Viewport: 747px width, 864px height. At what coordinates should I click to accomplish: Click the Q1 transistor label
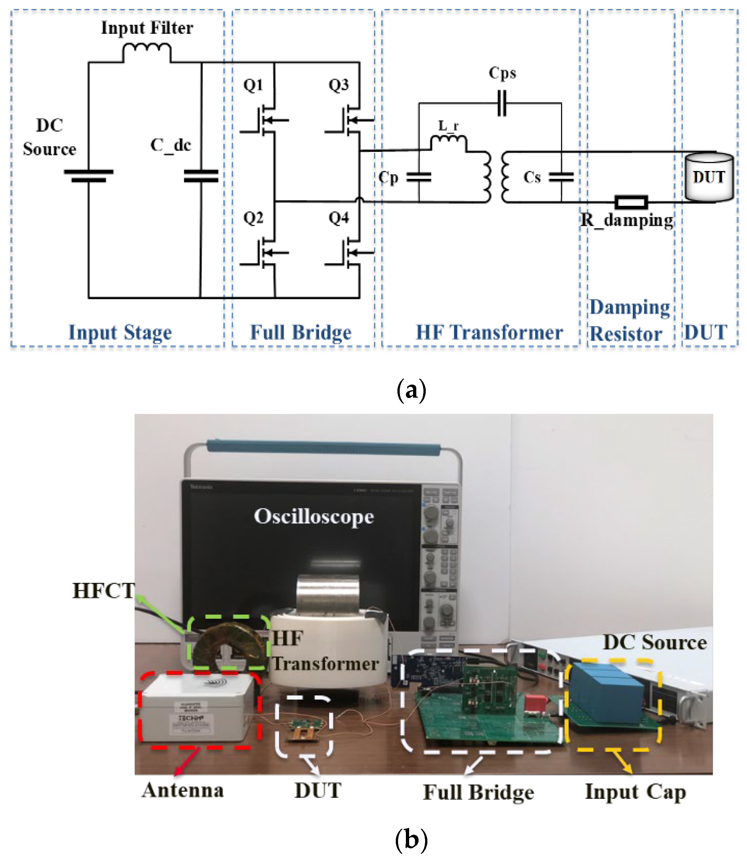[x=253, y=85]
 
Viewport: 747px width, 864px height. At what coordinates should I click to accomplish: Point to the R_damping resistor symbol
[x=631, y=202]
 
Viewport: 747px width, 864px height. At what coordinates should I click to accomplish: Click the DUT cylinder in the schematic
[x=709, y=177]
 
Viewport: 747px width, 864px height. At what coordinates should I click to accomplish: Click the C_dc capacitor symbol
[x=201, y=176]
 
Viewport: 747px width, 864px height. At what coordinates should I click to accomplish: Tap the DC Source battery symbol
[x=89, y=176]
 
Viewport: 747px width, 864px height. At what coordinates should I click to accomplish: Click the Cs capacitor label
[x=532, y=177]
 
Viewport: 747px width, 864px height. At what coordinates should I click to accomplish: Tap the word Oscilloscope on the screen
[x=314, y=517]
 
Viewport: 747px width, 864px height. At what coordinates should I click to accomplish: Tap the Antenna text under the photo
[x=183, y=790]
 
